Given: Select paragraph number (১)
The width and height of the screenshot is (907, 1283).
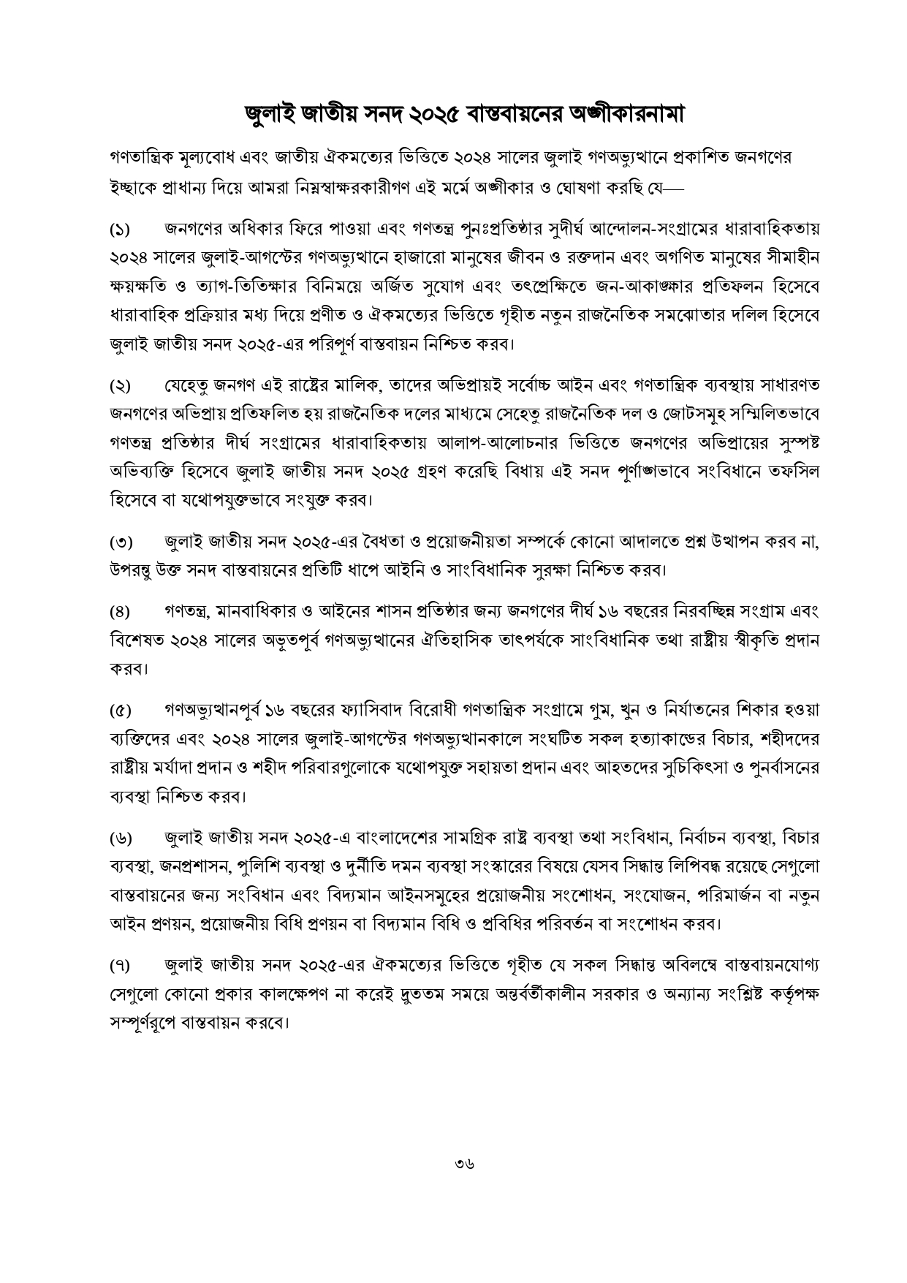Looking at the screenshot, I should (x=120, y=230).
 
